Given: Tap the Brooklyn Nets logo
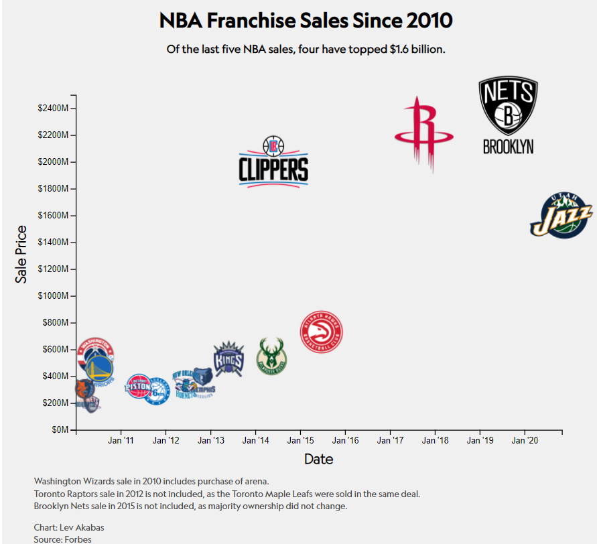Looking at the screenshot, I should click(x=508, y=115).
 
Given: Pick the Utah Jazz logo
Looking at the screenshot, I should click(x=561, y=216).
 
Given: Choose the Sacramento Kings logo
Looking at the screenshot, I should click(x=228, y=358).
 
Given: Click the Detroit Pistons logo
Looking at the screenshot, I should click(x=139, y=387).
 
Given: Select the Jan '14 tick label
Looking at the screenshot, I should click(x=255, y=441).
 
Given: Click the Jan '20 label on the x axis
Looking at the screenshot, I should click(x=525, y=441).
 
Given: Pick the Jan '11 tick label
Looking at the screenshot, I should click(x=121, y=441).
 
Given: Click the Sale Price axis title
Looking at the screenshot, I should click(x=21, y=255).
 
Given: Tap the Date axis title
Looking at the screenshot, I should click(x=318, y=460).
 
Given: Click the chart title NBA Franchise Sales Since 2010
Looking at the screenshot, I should click(x=306, y=21).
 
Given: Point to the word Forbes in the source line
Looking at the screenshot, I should click(x=78, y=539).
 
